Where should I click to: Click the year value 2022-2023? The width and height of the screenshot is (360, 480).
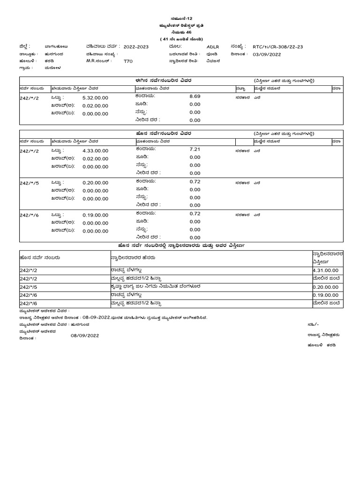coord(135,47)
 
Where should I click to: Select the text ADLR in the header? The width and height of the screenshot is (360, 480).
coord(213,47)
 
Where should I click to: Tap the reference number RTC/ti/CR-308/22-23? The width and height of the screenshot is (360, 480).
coord(278,47)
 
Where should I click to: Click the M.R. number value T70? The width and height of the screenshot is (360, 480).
coord(128,61)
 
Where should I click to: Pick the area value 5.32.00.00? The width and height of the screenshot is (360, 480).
coord(95,97)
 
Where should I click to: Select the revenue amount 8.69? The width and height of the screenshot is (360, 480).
coord(195,96)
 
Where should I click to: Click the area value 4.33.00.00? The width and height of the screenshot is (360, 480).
coord(95,150)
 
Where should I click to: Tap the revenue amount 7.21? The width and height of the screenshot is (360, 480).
coord(195,149)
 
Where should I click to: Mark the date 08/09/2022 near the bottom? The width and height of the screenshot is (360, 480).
coord(85,335)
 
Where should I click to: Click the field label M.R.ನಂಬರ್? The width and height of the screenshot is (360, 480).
coord(97,61)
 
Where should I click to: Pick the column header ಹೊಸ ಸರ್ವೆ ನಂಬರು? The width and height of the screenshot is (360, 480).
coord(40,257)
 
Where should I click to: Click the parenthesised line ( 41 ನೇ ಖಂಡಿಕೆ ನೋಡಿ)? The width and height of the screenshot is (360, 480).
coord(180,38)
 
